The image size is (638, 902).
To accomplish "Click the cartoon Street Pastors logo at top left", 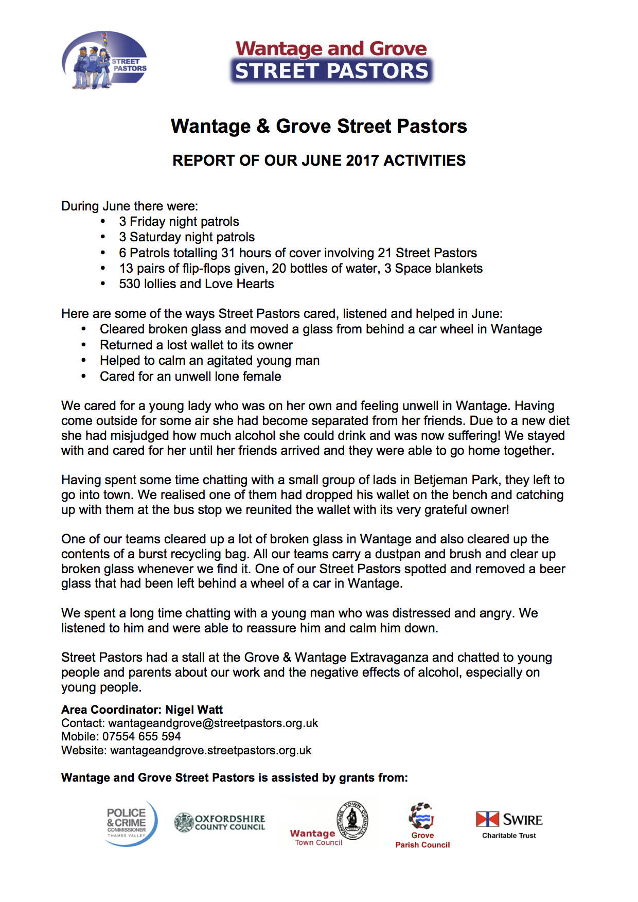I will [x=104, y=60].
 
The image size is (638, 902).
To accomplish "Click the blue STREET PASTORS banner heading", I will [x=331, y=71].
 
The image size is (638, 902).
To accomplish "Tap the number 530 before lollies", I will [x=130, y=284].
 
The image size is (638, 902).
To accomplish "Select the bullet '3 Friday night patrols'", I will [x=179, y=222].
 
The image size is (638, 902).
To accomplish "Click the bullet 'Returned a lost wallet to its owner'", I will [x=196, y=345].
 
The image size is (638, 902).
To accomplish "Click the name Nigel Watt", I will [x=194, y=710].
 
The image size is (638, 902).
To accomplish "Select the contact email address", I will [x=213, y=723].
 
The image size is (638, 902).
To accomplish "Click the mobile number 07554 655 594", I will [x=141, y=737].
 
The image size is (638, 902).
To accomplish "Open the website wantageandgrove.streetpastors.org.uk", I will [x=211, y=751].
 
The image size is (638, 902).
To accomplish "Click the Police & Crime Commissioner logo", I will [x=131, y=822].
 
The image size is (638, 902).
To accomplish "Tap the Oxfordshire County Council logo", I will [x=220, y=822].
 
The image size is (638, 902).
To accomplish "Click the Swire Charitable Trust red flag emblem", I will [x=487, y=819].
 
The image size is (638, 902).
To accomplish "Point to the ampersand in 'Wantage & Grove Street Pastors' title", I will [x=263, y=127].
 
